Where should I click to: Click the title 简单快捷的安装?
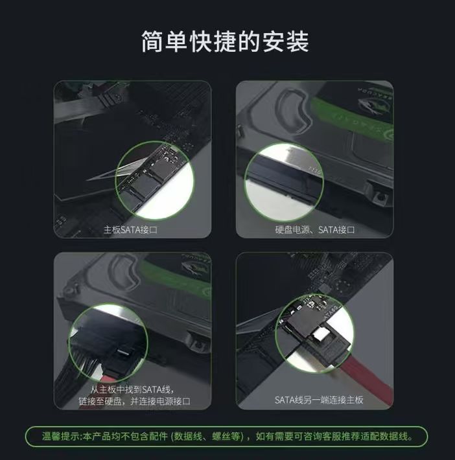225,41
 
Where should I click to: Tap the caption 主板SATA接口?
130,229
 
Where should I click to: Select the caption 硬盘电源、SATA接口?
315,229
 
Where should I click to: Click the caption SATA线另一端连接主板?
319,400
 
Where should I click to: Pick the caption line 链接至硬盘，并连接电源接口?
134,401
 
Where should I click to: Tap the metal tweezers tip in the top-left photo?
100,176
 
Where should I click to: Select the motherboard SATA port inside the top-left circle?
146,182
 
